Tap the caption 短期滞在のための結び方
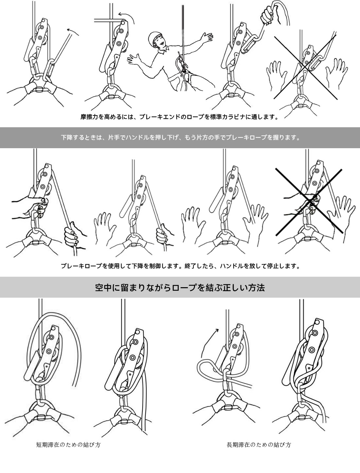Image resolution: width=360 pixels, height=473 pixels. tap(68, 445)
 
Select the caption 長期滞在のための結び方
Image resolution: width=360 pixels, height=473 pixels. tap(259, 445)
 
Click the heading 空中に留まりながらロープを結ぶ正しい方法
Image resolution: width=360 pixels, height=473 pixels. tap(180, 288)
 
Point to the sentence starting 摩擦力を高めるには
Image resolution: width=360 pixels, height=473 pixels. tap(180, 117)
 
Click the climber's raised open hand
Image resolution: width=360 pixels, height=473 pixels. tap(206, 37)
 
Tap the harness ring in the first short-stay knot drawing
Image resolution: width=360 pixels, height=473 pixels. tap(41, 408)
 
